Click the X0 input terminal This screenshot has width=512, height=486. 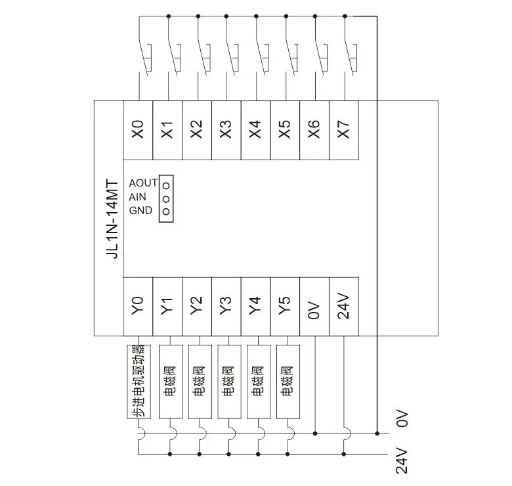click(x=138, y=130)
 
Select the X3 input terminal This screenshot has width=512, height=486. click(x=226, y=130)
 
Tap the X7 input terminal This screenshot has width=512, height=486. click(x=344, y=130)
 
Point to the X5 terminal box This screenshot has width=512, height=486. click(x=285, y=130)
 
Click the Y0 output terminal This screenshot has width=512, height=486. click(x=138, y=306)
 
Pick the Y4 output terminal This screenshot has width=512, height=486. click(x=256, y=306)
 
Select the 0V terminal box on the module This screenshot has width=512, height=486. click(x=314, y=306)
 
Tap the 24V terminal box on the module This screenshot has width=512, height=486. click(x=344, y=306)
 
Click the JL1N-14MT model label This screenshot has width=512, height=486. click(x=113, y=219)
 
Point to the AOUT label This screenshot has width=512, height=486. click(x=143, y=183)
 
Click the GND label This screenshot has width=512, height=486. click(x=140, y=210)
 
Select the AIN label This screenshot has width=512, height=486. click(x=137, y=197)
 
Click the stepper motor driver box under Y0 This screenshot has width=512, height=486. click(x=139, y=382)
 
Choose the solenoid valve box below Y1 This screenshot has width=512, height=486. click(x=171, y=382)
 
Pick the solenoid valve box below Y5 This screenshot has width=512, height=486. click(x=288, y=382)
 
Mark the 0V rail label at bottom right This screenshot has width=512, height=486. click(x=402, y=419)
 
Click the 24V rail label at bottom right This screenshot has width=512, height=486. click(x=402, y=461)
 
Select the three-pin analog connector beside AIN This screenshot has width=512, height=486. click(x=166, y=198)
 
